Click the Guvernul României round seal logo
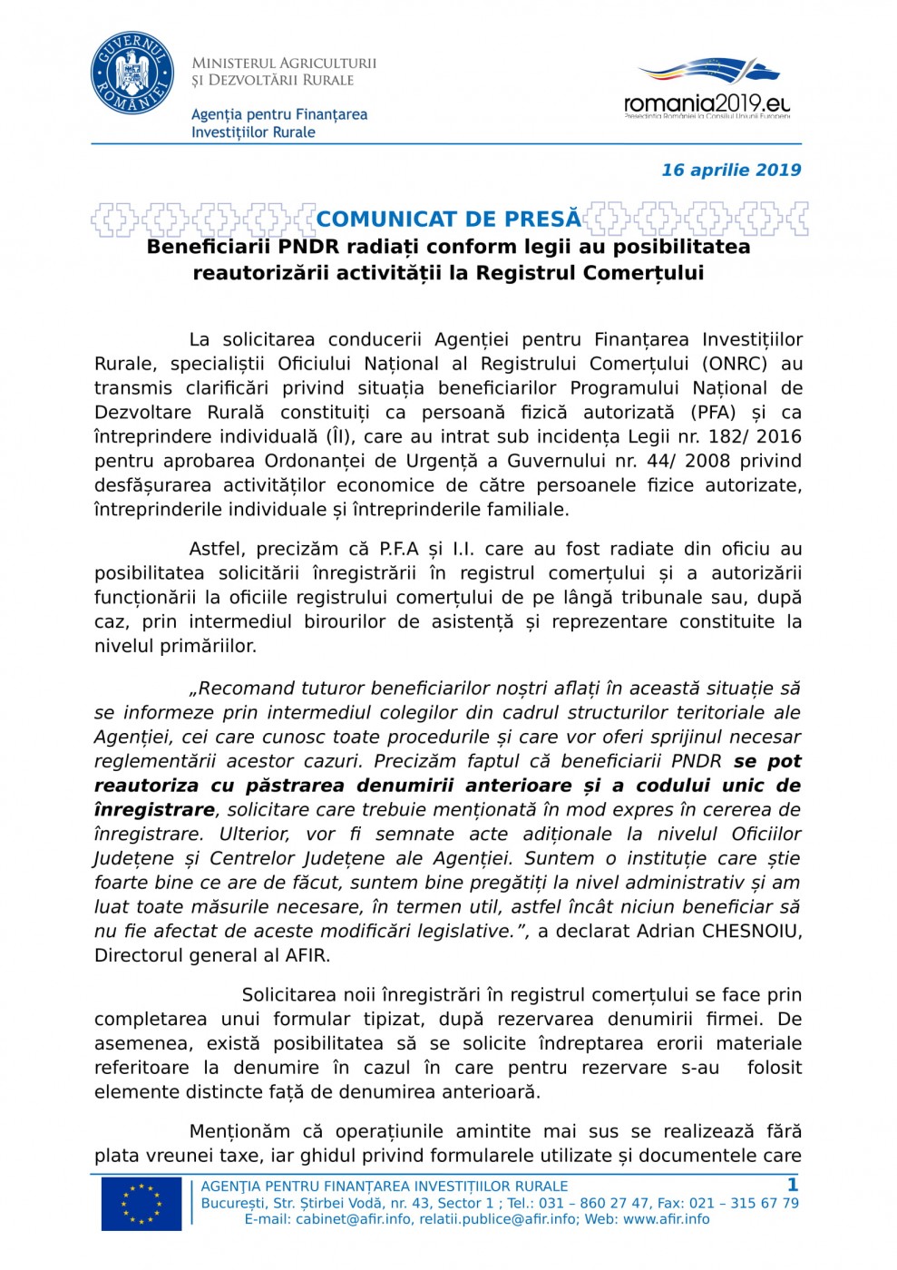132,74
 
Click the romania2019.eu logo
707,88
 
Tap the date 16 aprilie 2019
731,170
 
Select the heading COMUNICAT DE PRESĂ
449,219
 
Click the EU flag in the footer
141,1204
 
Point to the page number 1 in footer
793,1185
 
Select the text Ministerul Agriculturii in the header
284,63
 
